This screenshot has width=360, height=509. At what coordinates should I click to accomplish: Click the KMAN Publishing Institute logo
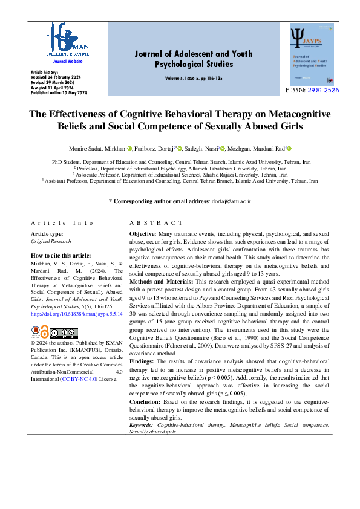pos(67,39)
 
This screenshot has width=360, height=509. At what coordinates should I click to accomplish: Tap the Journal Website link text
pos(67,62)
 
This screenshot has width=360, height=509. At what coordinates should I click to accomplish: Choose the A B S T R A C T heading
pos(156,223)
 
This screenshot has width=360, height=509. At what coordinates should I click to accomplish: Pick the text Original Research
pos(51,241)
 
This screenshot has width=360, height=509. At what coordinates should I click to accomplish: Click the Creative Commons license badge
pos(64,332)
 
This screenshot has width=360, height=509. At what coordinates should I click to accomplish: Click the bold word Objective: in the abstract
pos(143,233)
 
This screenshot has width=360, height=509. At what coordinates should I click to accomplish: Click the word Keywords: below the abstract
pos(141,426)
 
